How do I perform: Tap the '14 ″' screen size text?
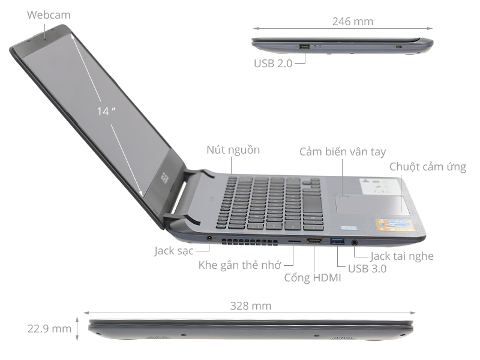[106, 111]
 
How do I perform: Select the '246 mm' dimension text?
[352, 22]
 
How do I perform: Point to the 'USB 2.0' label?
[273, 62]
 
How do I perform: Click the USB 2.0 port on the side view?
[304, 46]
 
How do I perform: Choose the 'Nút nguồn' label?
[233, 150]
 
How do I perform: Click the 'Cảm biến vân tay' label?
[343, 152]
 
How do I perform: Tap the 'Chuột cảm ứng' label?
[427, 167]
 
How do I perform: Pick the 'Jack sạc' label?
[173, 251]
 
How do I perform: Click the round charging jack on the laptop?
[209, 239]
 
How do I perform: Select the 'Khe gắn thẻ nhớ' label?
[239, 265]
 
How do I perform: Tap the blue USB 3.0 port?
[337, 241]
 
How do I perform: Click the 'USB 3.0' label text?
[367, 269]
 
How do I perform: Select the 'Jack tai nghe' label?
[401, 256]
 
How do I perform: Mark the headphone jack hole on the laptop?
[355, 242]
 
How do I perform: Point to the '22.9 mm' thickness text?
[49, 328]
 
